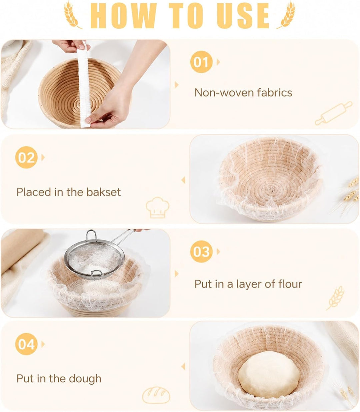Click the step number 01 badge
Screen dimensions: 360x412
pyautogui.click(x=201, y=62)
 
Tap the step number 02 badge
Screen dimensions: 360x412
pyautogui.click(x=26, y=157)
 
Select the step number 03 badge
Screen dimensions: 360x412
pyautogui.click(x=201, y=252)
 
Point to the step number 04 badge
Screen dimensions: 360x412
pyautogui.click(x=26, y=344)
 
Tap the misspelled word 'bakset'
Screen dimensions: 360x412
pyautogui.click(x=104, y=192)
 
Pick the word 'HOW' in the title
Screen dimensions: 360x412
pyautogui.click(x=123, y=16)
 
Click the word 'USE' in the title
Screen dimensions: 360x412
pyautogui.click(x=243, y=16)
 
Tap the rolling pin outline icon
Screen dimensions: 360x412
pyautogui.click(x=333, y=113)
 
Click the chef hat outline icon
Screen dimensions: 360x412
pyautogui.click(x=158, y=208)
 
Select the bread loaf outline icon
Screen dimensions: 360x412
pyautogui.click(x=156, y=395)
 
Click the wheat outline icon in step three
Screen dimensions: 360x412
pyautogui.click(x=335, y=298)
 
